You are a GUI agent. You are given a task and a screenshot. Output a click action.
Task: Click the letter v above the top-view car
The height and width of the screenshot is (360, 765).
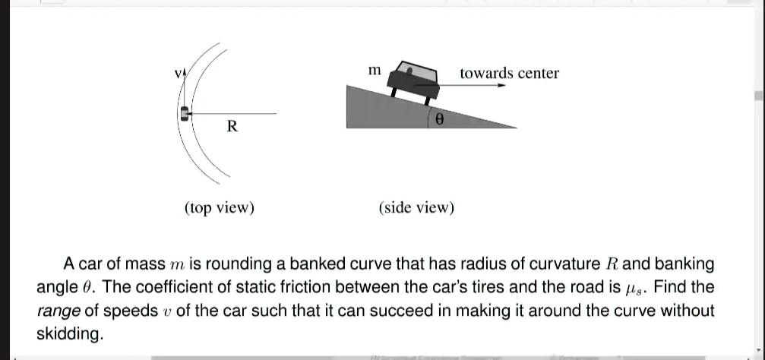coord(178,74)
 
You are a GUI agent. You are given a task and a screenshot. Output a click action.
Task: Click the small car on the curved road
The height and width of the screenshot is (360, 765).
coord(184,113)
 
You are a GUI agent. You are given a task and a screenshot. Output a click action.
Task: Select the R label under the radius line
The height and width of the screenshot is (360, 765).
coord(232,126)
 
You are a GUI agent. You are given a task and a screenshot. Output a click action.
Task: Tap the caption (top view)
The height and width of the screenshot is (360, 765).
coord(219,207)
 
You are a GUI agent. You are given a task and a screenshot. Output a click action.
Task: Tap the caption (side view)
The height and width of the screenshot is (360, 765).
coord(416,207)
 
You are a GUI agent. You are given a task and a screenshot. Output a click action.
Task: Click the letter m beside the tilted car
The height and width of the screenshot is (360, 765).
coord(374,70)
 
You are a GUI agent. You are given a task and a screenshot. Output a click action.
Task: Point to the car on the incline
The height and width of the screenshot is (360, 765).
coord(414,79)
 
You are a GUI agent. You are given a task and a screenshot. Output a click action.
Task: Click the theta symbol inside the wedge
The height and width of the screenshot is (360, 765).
coord(440,118)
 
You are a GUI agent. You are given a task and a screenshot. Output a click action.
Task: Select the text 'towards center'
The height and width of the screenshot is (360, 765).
coord(509,73)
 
